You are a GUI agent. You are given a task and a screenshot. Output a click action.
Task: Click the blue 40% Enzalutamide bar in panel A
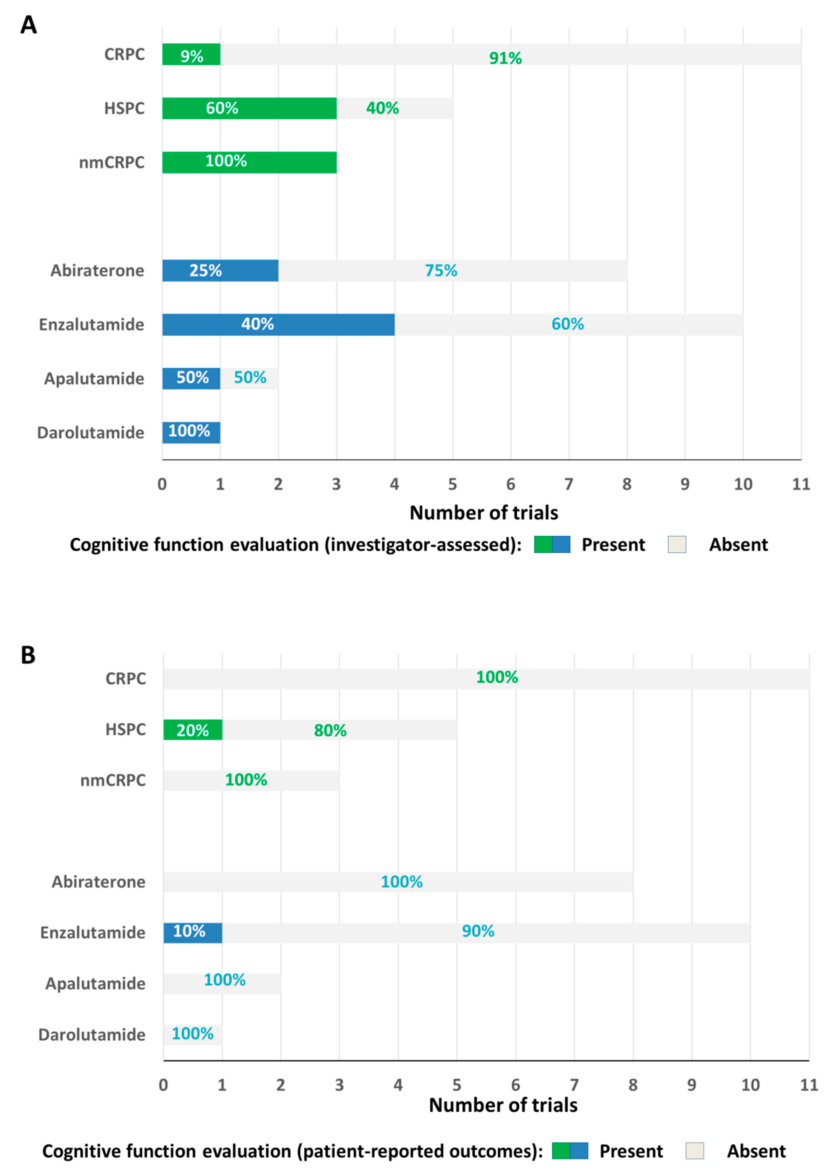[278, 325]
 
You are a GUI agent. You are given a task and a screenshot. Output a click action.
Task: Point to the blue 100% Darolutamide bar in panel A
[191, 433]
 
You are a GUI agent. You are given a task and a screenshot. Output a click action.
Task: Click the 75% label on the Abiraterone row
[441, 271]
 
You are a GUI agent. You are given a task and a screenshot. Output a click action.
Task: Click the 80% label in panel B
[330, 730]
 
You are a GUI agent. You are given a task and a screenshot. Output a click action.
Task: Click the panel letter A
[28, 24]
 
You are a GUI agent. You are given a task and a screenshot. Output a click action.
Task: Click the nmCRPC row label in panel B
[113, 780]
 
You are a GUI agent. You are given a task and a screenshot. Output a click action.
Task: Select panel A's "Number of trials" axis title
[484, 513]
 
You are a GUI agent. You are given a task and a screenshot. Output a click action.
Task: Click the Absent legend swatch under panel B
[695, 1151]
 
